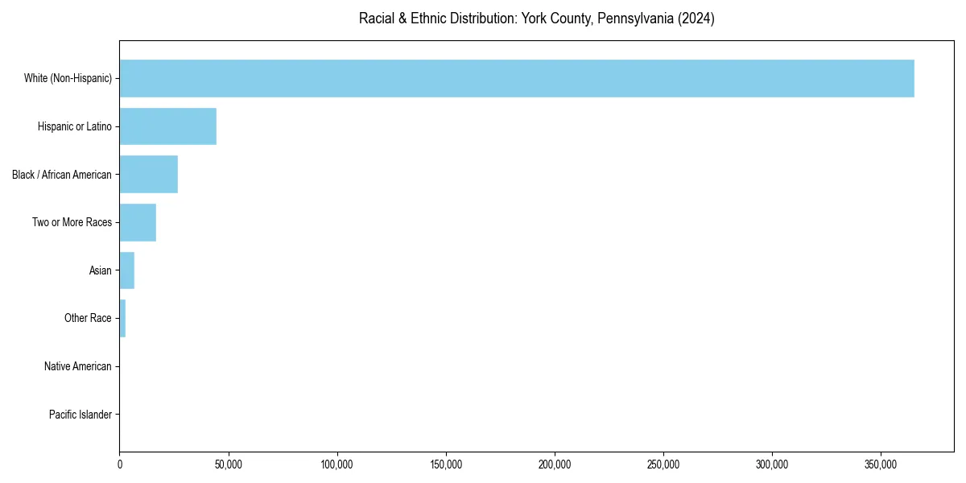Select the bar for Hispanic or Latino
[x=168, y=126]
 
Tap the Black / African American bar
[x=149, y=175]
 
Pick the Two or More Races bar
[x=138, y=222]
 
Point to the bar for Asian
[x=127, y=270]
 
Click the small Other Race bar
[x=122, y=318]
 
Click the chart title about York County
[x=537, y=19]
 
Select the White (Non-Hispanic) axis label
[x=68, y=78]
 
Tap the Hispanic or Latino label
[x=75, y=126]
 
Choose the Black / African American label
[x=62, y=175]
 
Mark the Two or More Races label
[x=72, y=222]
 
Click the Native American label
[x=78, y=366]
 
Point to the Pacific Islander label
[x=80, y=415]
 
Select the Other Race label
[x=88, y=318]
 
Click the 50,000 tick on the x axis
[x=229, y=465]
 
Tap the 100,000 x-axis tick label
[x=337, y=465]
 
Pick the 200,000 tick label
[x=555, y=465]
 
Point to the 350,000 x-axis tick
[x=881, y=465]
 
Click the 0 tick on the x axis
[x=120, y=465]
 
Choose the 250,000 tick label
[x=663, y=465]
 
